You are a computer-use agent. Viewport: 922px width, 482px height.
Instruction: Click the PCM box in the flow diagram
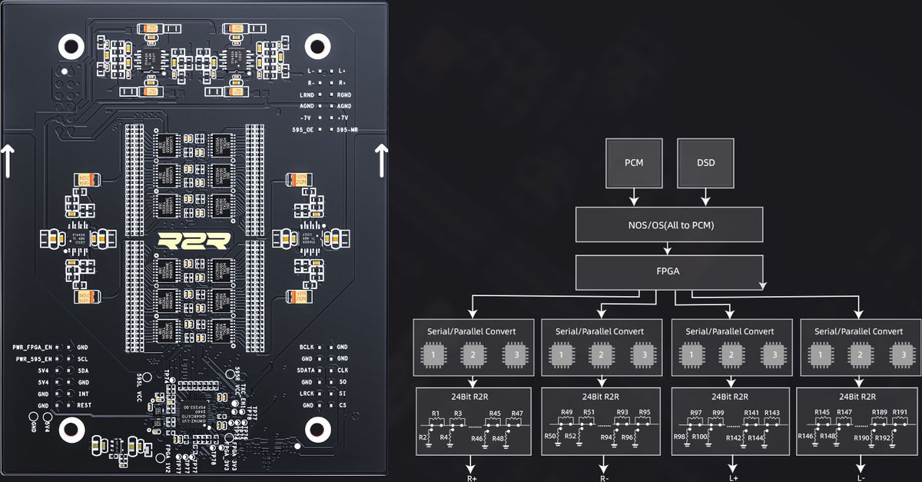tap(635, 163)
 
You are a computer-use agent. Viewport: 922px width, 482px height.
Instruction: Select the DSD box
tap(705, 163)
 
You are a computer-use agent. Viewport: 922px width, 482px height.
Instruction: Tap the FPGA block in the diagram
tap(669, 271)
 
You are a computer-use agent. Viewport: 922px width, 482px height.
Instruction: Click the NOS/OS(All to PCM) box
tap(669, 225)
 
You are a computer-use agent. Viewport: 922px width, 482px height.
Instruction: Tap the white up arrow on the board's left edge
tap(7, 161)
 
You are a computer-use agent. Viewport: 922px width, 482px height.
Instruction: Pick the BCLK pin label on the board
tap(309, 347)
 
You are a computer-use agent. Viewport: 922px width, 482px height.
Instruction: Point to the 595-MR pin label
tap(347, 130)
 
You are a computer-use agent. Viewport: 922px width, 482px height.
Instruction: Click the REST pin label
tap(85, 405)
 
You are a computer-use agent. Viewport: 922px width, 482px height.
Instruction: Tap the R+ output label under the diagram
tap(472, 477)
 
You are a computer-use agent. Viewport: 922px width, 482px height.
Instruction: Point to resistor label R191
tap(900, 414)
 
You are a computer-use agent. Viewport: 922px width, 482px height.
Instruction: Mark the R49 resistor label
tap(567, 414)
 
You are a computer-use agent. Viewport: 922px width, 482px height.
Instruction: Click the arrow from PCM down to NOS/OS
tap(635, 197)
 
